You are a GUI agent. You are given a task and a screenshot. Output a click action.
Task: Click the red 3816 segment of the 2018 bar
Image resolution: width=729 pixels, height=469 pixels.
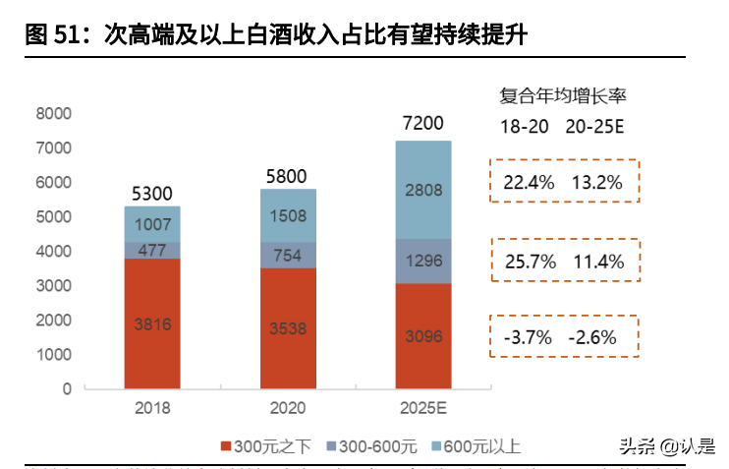tap(152, 324)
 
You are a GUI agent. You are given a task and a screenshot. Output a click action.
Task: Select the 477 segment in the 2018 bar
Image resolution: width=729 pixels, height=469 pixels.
tap(152, 250)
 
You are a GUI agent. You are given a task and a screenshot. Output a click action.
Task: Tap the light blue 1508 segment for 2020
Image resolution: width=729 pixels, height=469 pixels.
tap(288, 215)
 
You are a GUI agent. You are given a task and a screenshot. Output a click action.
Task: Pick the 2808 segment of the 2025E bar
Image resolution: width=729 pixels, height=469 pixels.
tap(423, 190)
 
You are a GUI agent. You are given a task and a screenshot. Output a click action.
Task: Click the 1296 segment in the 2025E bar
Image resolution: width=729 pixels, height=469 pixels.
tap(423, 262)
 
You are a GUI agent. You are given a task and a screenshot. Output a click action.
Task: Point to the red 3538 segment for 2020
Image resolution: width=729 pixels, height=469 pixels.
tap(288, 328)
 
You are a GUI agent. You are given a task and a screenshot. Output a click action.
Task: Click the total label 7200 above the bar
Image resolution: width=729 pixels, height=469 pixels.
tap(423, 124)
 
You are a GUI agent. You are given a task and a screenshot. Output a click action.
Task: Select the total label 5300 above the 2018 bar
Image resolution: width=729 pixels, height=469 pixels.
tap(152, 193)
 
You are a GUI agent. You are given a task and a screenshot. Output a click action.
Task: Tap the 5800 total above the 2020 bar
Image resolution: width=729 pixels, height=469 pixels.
tap(288, 176)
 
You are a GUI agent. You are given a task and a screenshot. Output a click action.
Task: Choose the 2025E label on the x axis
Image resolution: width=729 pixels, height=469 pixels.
tap(423, 407)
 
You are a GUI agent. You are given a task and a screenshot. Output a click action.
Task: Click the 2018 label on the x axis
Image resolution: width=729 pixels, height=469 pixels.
tap(152, 407)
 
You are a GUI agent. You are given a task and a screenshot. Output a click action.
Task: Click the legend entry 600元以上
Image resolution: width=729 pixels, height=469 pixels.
tap(475, 446)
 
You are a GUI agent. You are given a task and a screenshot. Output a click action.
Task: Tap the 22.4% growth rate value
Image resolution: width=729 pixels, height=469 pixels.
tap(529, 182)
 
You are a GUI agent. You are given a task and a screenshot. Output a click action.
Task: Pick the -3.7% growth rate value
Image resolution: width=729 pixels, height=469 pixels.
tap(529, 337)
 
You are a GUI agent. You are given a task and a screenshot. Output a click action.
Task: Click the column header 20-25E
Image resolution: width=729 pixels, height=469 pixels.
tap(595, 127)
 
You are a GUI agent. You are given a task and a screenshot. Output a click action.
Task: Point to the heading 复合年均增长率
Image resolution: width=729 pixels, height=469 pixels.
tap(564, 95)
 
